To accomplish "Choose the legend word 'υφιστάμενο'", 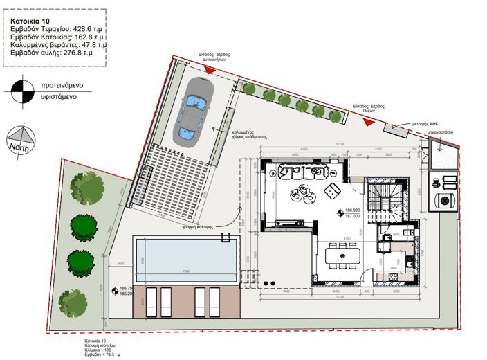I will click(x=62, y=97).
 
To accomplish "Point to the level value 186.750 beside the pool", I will click(x=126, y=288).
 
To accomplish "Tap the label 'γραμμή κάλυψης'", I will click(x=196, y=226).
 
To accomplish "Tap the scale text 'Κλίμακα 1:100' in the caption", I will click(x=98, y=348).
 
